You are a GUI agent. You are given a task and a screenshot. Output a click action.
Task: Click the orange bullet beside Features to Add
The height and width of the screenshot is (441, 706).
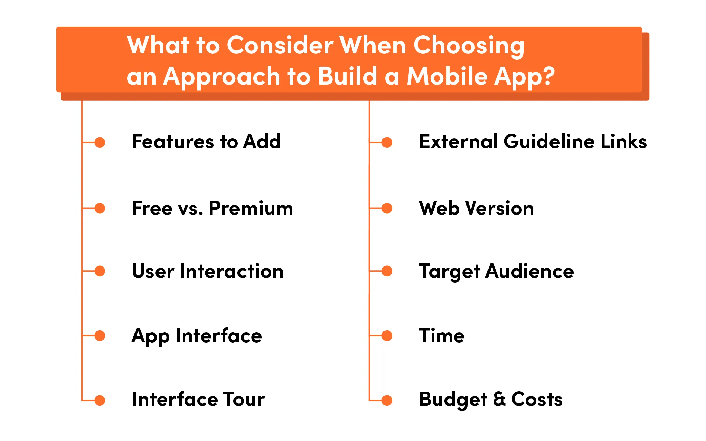coord(100,142)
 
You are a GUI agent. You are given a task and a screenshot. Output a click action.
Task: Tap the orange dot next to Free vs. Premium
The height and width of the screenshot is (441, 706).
coord(100,208)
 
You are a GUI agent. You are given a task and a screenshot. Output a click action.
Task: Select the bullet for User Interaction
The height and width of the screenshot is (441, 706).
coord(100,271)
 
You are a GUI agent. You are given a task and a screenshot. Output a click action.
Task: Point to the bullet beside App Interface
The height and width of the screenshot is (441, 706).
coord(100,335)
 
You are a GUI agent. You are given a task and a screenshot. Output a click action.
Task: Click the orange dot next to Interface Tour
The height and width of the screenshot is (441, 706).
coord(100,400)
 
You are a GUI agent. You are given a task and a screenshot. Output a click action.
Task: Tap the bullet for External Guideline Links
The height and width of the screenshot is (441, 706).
coord(387,142)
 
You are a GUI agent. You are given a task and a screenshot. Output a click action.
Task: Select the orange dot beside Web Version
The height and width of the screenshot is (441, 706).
coord(387,208)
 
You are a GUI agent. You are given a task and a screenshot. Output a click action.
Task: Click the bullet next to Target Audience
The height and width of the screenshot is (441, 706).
coord(387,271)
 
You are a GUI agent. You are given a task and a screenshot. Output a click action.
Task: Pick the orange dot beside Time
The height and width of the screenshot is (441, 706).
coord(387,335)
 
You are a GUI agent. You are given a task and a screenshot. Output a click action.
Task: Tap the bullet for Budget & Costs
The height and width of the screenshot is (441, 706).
coord(387,400)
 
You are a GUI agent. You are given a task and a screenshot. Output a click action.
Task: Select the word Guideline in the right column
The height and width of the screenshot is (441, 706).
coord(549,141)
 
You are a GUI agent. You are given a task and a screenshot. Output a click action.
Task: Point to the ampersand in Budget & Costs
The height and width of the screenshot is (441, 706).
coord(499,399)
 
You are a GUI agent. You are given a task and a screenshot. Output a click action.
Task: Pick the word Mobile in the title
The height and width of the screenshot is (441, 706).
coord(447,76)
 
